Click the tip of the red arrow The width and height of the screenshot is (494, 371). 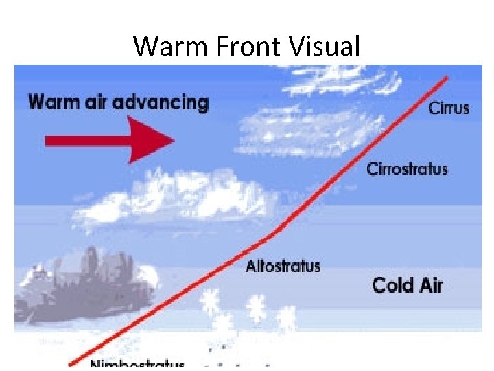pyautogui.click(x=174, y=141)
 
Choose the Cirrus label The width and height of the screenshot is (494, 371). pyautogui.click(x=449, y=108)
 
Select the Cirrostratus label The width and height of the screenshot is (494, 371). pyautogui.click(x=408, y=168)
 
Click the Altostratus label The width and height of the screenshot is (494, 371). pyautogui.click(x=283, y=266)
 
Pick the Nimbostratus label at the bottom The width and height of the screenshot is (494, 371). pyautogui.click(x=137, y=362)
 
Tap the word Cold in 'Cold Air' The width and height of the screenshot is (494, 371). pyautogui.click(x=393, y=284)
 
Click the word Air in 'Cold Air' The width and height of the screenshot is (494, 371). pyautogui.click(x=431, y=284)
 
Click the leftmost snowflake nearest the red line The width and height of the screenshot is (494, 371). pyautogui.click(x=209, y=301)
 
